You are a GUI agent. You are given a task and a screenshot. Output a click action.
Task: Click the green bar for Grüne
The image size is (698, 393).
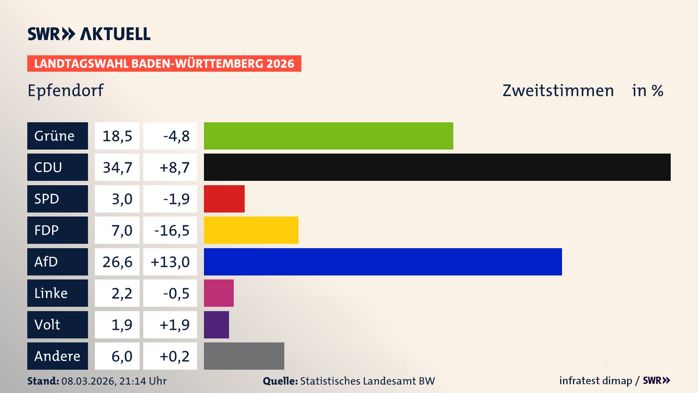[328, 136]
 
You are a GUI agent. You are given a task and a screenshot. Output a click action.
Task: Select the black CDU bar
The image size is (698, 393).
[437, 167]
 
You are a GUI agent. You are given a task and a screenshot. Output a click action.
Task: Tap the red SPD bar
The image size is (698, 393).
[224, 199]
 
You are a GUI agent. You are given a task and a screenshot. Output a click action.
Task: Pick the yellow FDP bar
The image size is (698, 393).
[251, 230]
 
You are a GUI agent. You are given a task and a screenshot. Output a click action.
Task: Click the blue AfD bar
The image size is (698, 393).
[382, 262]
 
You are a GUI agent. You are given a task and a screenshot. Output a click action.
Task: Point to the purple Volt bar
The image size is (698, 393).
[216, 325]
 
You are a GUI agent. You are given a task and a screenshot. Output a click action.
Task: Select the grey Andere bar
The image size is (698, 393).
[244, 356]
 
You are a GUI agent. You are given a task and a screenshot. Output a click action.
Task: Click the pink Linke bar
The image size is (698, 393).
[218, 293]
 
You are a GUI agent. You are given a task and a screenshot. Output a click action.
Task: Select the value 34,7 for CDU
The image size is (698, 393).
[117, 167]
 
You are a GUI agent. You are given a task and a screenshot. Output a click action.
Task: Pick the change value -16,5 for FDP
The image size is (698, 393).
[172, 230]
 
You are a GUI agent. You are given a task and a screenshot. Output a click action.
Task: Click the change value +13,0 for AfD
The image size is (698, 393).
[170, 262]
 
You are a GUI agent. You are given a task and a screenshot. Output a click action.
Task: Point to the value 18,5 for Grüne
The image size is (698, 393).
[117, 136]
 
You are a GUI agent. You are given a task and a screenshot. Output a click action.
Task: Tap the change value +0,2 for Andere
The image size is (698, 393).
[174, 356]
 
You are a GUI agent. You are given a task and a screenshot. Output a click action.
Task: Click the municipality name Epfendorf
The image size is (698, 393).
[65, 90]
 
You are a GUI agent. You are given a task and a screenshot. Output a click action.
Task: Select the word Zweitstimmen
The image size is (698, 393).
[558, 91]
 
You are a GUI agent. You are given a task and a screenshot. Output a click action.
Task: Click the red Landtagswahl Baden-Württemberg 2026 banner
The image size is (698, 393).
[164, 63]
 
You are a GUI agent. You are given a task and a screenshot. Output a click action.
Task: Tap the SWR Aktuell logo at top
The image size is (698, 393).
[89, 34]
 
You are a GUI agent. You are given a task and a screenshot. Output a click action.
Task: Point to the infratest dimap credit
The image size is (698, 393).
[595, 381]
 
